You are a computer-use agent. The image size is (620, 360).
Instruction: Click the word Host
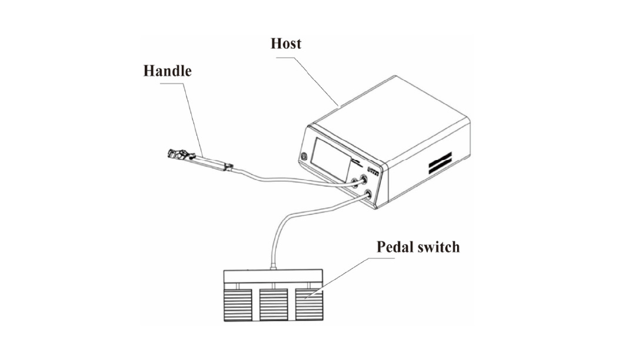point(285,44)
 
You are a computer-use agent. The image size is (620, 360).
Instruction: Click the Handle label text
point(167,71)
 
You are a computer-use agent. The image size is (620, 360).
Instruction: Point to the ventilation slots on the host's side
point(439,162)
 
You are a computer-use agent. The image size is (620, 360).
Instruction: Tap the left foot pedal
point(238,305)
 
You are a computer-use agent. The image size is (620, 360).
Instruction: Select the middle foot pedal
point(273,305)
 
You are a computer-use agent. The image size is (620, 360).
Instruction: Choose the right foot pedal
point(309,305)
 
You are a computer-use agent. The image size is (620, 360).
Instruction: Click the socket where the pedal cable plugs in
point(368,194)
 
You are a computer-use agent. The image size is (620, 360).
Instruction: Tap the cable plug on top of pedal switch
point(273,268)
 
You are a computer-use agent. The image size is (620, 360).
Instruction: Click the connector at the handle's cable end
point(229,166)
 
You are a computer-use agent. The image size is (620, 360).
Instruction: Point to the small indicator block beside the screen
point(374,171)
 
